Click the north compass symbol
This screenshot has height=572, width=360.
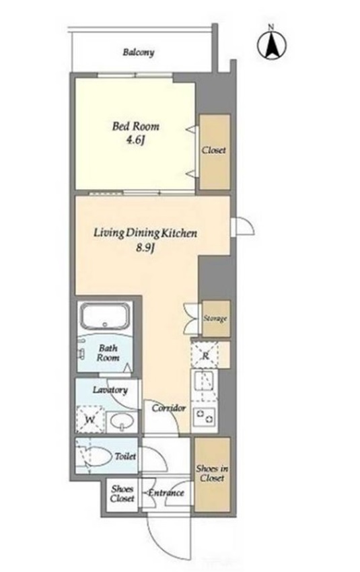[x=271, y=44]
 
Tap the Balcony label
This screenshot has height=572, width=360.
[x=138, y=52]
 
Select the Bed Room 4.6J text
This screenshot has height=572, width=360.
[x=135, y=133]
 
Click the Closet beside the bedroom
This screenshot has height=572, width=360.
[x=215, y=152]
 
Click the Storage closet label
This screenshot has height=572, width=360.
[x=215, y=318]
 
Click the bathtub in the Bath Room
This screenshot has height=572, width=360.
[x=106, y=316]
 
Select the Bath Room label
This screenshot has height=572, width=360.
[x=108, y=353]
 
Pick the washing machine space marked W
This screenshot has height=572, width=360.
[x=89, y=419]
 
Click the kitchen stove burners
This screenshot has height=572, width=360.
[x=205, y=417]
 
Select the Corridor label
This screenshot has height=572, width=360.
[x=169, y=408]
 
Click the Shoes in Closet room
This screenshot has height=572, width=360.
[x=212, y=474]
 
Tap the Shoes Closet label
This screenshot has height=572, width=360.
[x=122, y=493]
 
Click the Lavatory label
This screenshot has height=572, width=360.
[x=110, y=390]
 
